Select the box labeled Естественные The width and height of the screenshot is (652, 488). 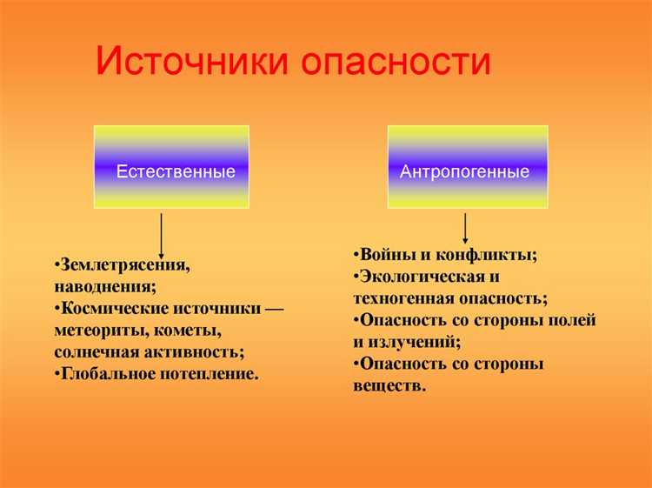click(171, 167)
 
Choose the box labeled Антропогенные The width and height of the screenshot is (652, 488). click(467, 167)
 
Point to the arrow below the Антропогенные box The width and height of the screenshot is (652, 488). click(466, 228)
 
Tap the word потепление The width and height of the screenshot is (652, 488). click(209, 375)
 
